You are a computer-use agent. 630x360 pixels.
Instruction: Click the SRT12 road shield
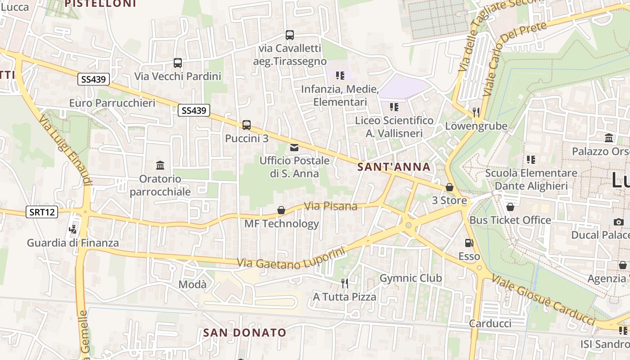click(42, 212)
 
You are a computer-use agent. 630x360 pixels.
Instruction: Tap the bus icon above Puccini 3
click(247, 125)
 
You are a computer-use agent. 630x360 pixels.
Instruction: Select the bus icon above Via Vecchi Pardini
click(178, 63)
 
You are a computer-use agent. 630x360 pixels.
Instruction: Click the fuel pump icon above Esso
click(469, 243)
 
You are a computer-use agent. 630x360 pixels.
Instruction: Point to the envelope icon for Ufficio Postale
click(294, 147)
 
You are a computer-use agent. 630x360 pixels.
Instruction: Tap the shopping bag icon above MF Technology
click(281, 210)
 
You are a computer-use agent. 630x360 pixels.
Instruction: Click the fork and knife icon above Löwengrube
click(476, 112)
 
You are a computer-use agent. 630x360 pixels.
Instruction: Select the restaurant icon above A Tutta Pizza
click(345, 283)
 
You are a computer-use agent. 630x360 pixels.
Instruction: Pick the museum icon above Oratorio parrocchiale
click(160, 165)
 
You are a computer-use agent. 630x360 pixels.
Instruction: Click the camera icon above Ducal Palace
click(619, 221)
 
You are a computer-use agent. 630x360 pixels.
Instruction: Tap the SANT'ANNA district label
click(394, 167)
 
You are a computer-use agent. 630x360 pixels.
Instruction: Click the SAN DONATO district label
click(244, 333)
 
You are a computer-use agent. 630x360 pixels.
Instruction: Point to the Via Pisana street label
click(331, 206)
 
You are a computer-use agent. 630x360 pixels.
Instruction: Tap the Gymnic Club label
click(411, 278)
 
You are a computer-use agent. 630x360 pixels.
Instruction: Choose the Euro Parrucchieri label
click(112, 103)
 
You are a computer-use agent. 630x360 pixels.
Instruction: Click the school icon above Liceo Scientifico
click(394, 107)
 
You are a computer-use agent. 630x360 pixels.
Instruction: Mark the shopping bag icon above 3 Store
click(450, 187)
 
